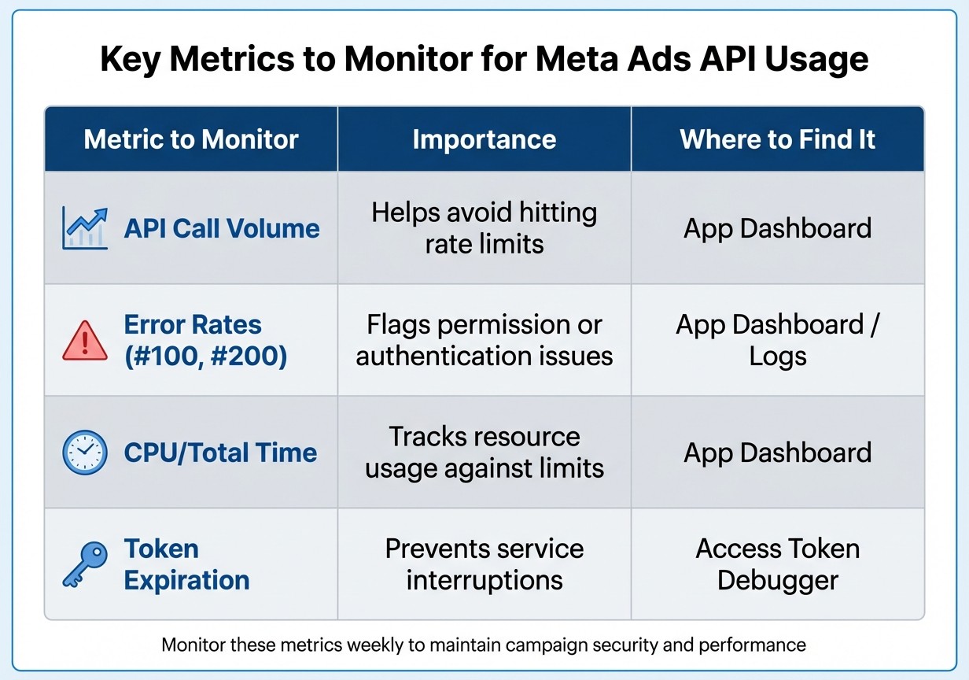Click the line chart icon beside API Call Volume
[x=85, y=229]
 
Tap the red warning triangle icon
[x=85, y=342]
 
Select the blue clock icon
[x=84, y=453]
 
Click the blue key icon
[x=84, y=564]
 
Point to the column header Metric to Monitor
[x=191, y=140]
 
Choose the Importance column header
[x=484, y=140]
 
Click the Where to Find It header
[x=777, y=140]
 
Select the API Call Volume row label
[x=222, y=229]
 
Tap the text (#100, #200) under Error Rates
[x=205, y=357]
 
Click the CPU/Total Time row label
[x=220, y=453]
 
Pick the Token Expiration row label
[x=186, y=564]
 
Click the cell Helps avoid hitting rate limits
[x=484, y=228]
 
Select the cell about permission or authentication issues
[x=484, y=340]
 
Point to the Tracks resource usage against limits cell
[x=484, y=453]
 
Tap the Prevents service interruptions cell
[x=484, y=564]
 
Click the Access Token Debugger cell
[x=777, y=564]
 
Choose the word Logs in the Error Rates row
[x=777, y=357]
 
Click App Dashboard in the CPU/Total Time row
[x=777, y=453]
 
